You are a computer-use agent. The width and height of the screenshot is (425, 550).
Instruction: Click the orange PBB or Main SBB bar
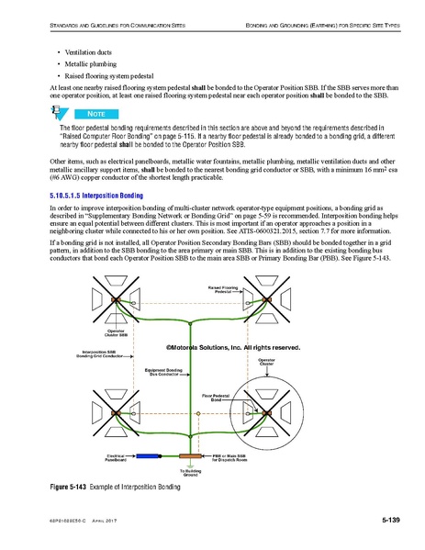point(191,455)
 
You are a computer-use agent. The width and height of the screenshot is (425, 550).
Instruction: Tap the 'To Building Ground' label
point(191,473)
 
